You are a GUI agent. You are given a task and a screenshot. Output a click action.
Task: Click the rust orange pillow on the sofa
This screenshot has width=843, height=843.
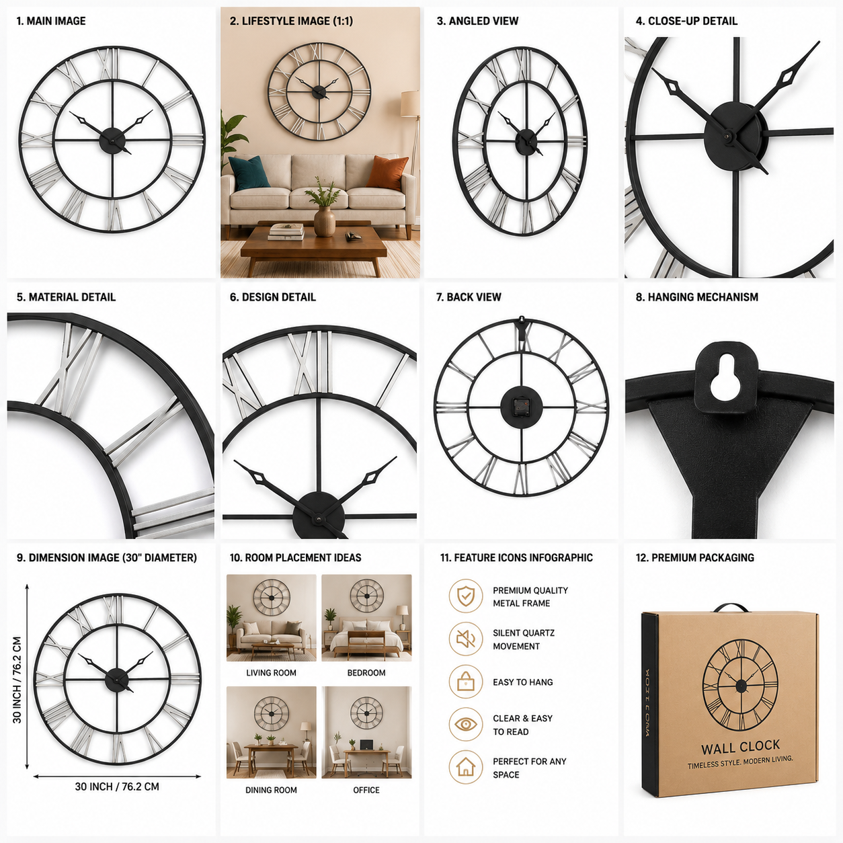click(x=387, y=172)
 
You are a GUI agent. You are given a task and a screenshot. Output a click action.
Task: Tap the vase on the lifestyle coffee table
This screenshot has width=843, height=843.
click(x=325, y=221)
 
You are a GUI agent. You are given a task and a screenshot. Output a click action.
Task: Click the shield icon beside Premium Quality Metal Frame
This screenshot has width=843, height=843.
click(x=465, y=596)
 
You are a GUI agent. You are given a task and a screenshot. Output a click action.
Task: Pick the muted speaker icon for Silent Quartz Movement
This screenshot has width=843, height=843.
click(x=465, y=639)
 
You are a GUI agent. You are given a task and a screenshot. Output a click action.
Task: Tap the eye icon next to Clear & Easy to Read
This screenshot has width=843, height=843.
click(x=465, y=724)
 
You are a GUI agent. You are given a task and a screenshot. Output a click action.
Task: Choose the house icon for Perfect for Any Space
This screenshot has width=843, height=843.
click(x=465, y=767)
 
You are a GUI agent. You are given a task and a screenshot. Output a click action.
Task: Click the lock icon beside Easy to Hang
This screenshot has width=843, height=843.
click(x=465, y=681)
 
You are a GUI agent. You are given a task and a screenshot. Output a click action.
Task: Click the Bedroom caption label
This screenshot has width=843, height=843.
click(x=366, y=673)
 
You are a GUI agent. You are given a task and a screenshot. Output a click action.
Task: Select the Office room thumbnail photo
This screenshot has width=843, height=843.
click(x=366, y=732)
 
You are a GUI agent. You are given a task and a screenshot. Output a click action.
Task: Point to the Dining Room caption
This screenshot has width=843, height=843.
click(x=271, y=790)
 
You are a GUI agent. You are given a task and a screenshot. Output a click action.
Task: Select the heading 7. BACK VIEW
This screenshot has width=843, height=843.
click(x=468, y=297)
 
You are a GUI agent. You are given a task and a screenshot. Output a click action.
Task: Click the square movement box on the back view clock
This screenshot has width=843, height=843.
click(x=521, y=406)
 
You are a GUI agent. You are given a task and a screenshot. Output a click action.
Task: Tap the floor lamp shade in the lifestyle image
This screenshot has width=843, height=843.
click(x=410, y=104)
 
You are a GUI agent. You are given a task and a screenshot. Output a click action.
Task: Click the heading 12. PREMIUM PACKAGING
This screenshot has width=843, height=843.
click(x=694, y=558)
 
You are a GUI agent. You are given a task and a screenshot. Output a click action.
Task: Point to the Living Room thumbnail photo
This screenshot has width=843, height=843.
click(x=271, y=618)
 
